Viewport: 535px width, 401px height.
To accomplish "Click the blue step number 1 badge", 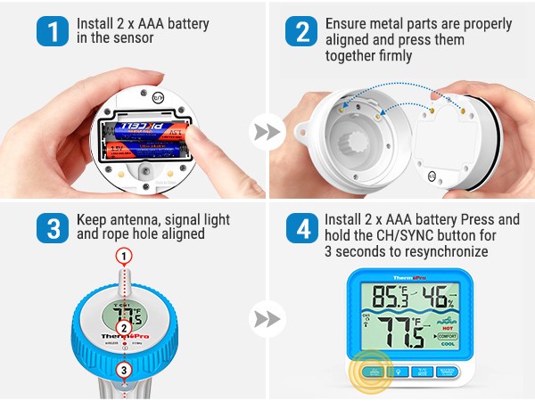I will pyautogui.click(x=53, y=30).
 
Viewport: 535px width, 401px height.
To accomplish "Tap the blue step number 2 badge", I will pyautogui.click(x=301, y=30).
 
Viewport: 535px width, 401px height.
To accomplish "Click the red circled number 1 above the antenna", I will pyautogui.click(x=124, y=256).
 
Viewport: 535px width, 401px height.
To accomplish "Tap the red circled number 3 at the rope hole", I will pyautogui.click(x=124, y=369).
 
